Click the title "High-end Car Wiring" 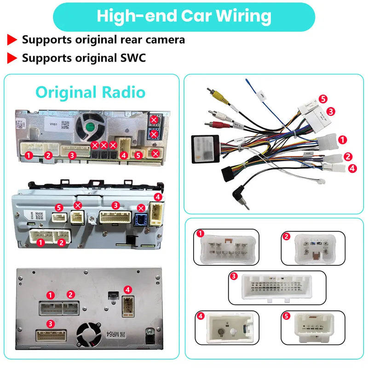coord(184,17)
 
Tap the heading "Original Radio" coord(91,92)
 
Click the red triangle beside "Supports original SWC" coord(11,58)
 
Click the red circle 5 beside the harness coord(323,99)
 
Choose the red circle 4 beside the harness coord(352,168)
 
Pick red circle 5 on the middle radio coord(58,208)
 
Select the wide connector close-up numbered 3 coord(277,287)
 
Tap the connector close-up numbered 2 coord(313,248)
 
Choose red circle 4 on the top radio coord(123,155)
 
